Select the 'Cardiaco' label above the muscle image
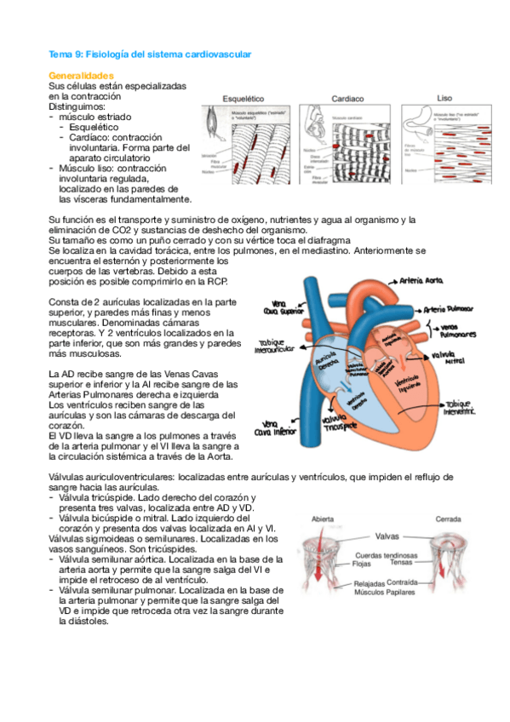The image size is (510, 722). [348, 99]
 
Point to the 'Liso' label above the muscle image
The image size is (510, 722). [445, 98]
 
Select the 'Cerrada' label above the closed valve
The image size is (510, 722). [449, 518]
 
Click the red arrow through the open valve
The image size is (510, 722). [324, 558]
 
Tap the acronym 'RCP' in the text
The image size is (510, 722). [215, 282]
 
